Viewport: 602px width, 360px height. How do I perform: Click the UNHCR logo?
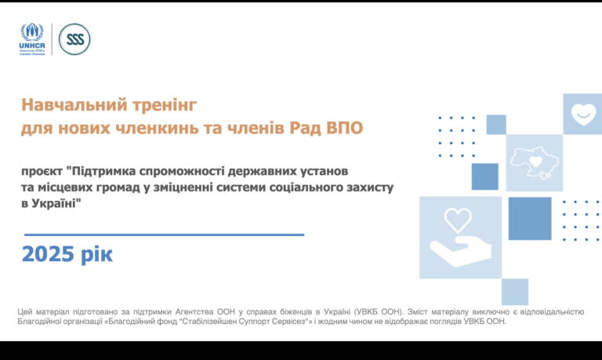pos(32,39)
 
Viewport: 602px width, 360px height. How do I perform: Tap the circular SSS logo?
pos(75,39)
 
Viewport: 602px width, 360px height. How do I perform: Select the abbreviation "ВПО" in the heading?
pos(345,128)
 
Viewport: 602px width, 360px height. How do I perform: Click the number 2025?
pos(48,254)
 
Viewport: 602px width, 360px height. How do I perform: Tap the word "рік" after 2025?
pos(96,254)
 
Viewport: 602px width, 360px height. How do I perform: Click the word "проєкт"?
pos(42,171)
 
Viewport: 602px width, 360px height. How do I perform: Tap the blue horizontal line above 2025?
pos(165,235)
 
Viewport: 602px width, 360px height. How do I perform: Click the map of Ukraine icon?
pos(535,163)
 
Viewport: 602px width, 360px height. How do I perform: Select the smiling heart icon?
pos(583,114)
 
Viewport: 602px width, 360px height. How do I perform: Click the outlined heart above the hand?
pos(458,220)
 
